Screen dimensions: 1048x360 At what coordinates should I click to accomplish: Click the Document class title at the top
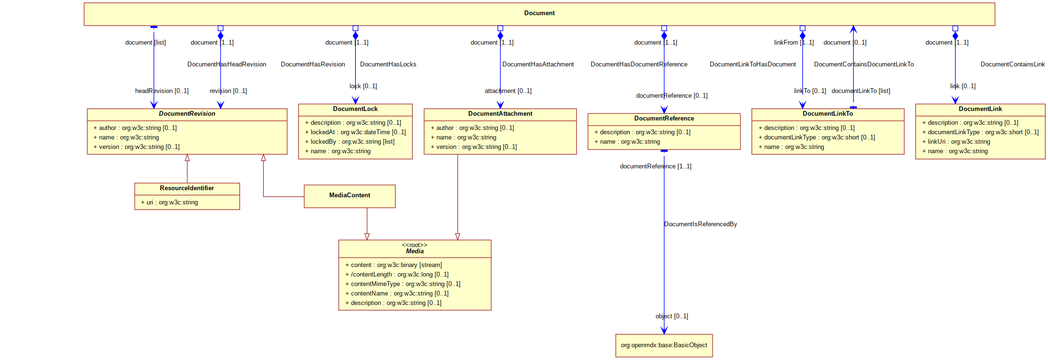[x=539, y=13]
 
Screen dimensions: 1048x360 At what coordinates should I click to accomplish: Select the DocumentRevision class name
[x=187, y=114]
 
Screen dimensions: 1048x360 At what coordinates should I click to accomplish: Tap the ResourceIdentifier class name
[x=187, y=188]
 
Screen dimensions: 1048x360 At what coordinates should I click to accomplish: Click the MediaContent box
[x=350, y=196]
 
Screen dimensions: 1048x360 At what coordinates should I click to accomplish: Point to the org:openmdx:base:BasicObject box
[x=664, y=346]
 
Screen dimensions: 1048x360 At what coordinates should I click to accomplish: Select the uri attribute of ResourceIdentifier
[x=169, y=203]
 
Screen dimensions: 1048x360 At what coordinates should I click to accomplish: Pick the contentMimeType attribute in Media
[x=403, y=284]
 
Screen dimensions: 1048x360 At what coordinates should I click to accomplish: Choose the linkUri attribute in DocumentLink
[x=956, y=142]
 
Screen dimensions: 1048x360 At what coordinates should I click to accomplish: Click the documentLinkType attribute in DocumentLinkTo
[x=816, y=138]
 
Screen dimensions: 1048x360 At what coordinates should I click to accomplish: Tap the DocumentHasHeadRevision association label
[x=227, y=65]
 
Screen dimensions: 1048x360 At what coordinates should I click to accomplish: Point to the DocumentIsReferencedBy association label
[x=700, y=224]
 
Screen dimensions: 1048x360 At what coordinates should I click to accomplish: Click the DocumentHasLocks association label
[x=388, y=65]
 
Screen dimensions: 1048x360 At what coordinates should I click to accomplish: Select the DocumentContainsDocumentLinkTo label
[x=863, y=65]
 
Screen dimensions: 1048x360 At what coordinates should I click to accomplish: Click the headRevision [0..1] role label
[x=162, y=91]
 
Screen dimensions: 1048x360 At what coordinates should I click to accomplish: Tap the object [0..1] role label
[x=672, y=316]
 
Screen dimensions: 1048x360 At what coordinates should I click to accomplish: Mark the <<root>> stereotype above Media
[x=414, y=245]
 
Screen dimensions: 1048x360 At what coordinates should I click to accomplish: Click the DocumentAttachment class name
[x=500, y=114]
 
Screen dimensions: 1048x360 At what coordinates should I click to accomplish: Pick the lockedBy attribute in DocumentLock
[x=350, y=142]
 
